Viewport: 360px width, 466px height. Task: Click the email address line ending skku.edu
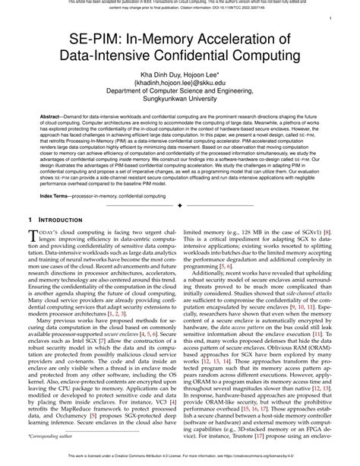point(180,83)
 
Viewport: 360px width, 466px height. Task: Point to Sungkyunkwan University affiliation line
point(180,103)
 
